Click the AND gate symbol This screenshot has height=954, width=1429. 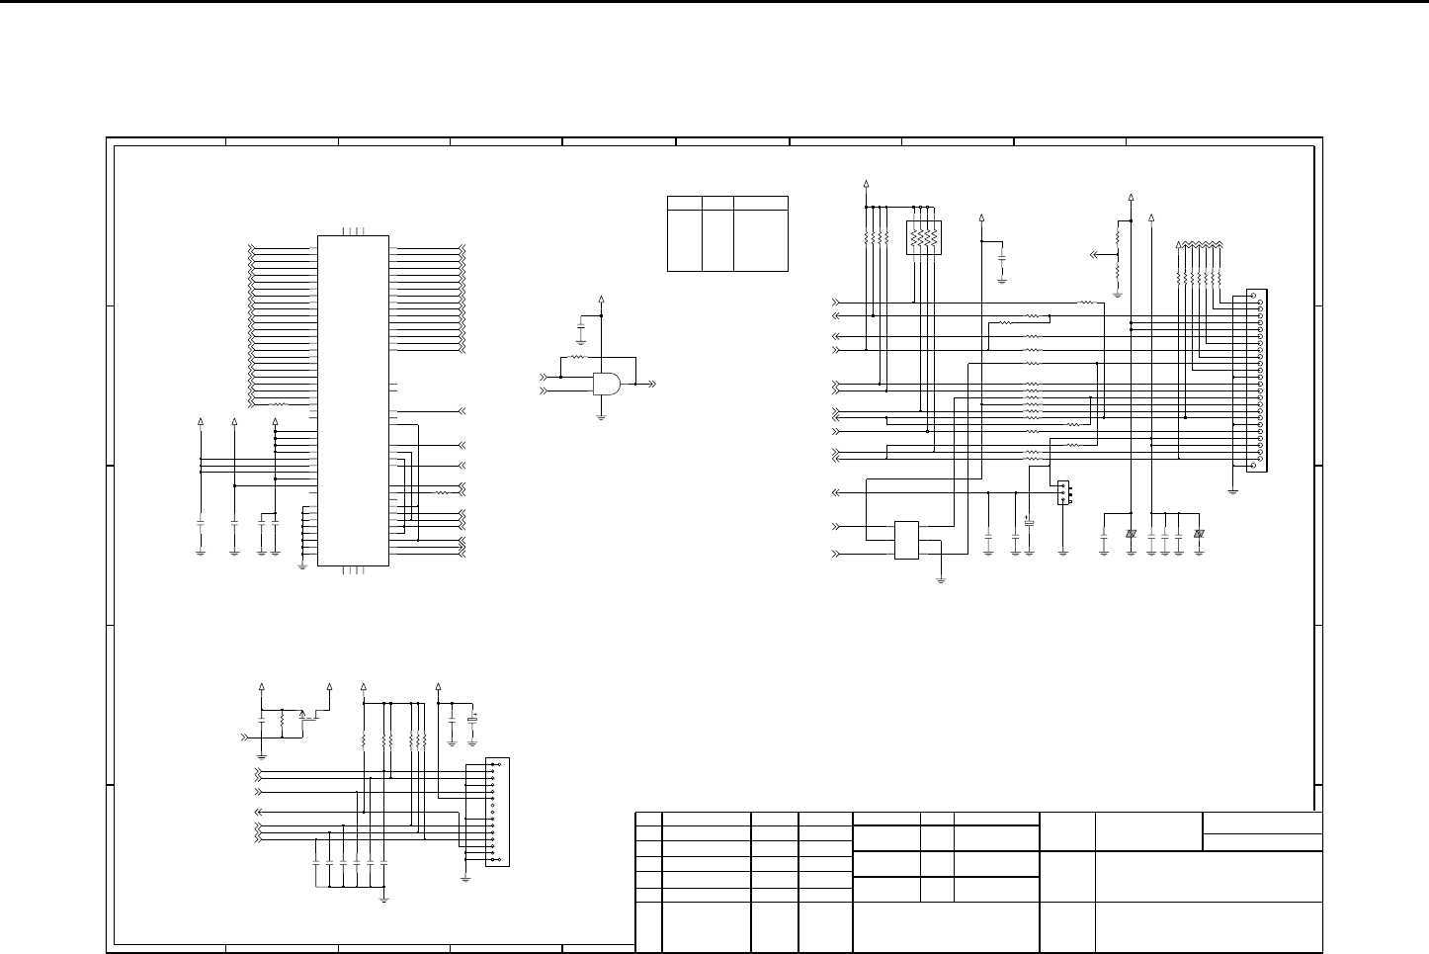[607, 384]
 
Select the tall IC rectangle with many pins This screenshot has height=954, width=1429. [353, 400]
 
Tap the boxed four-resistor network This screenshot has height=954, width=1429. [924, 237]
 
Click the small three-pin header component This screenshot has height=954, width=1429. [1063, 492]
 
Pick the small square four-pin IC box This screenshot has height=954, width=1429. [906, 540]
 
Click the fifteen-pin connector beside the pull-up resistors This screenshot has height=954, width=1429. [498, 812]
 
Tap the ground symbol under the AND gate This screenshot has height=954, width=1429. [602, 417]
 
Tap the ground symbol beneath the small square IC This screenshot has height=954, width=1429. [940, 580]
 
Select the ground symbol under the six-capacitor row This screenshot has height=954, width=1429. [384, 899]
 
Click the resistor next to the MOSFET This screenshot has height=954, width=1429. [283, 723]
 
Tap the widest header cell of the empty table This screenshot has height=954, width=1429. [760, 203]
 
